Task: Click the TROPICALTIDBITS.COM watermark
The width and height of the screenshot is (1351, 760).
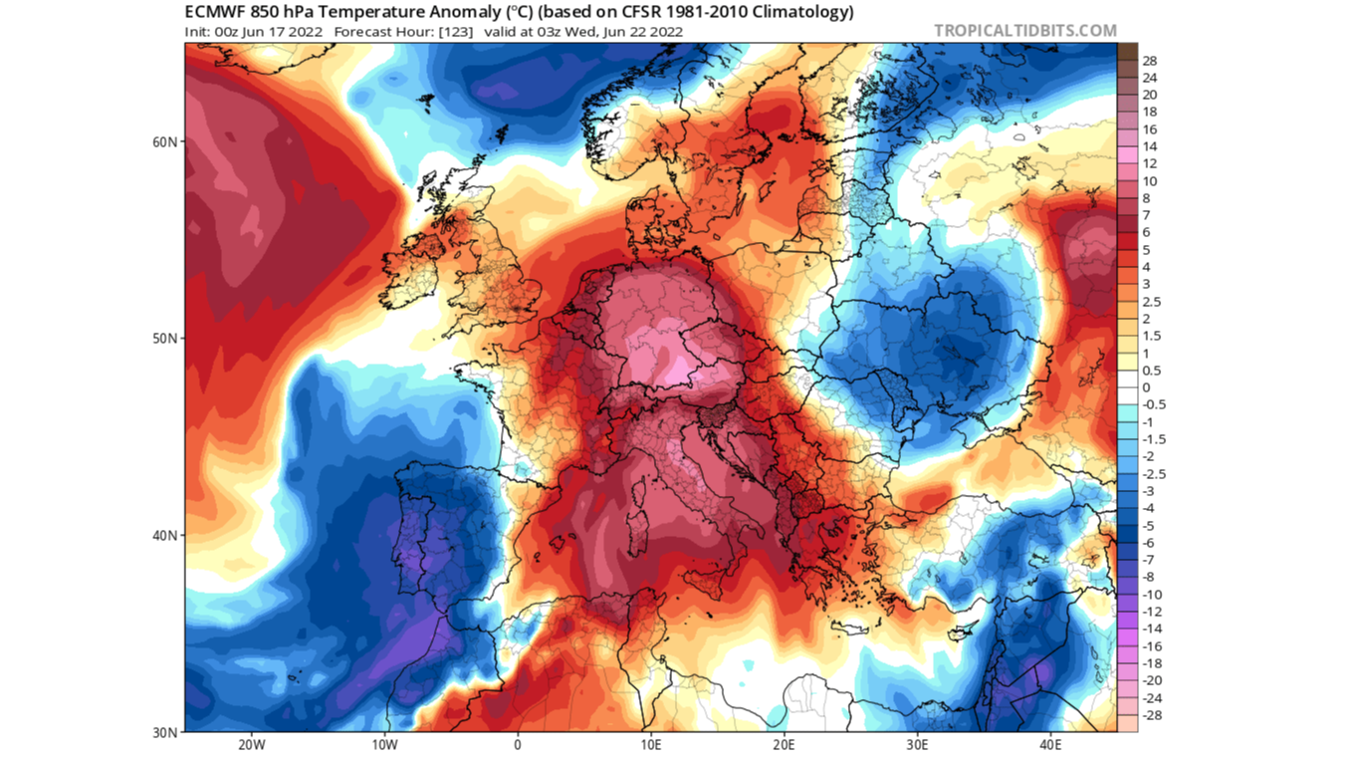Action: click(x=1025, y=31)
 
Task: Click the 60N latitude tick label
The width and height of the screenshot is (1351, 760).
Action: click(x=165, y=141)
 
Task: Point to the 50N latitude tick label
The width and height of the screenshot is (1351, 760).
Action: click(x=165, y=339)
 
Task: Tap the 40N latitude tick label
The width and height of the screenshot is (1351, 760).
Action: click(x=165, y=536)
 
